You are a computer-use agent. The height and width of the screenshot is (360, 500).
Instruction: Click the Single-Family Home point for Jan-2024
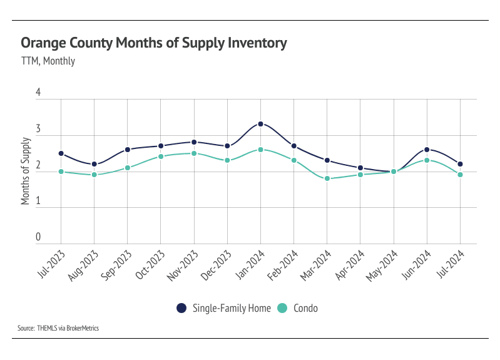click(x=260, y=124)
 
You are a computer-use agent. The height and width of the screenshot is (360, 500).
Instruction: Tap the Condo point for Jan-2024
click(x=260, y=150)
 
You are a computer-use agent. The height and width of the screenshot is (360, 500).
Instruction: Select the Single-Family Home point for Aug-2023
click(x=94, y=164)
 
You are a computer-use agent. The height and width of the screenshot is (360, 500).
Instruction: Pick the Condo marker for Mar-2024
click(x=327, y=178)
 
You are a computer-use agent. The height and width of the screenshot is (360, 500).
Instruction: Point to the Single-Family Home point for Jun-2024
click(x=427, y=150)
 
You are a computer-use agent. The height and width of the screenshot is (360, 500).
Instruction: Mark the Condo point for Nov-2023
click(x=194, y=153)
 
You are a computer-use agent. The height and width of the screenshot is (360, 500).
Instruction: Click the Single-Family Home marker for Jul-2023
click(x=61, y=153)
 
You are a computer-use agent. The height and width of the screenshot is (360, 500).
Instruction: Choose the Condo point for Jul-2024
click(x=460, y=175)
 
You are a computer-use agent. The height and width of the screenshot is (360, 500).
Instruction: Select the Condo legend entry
click(x=302, y=307)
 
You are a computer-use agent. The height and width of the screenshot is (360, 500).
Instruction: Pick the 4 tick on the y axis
click(x=38, y=93)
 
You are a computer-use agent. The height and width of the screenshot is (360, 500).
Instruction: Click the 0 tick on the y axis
click(x=38, y=237)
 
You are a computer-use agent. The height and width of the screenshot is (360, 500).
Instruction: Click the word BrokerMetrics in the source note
click(x=83, y=327)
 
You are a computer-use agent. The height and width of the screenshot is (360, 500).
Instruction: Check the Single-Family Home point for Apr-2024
click(x=360, y=168)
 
